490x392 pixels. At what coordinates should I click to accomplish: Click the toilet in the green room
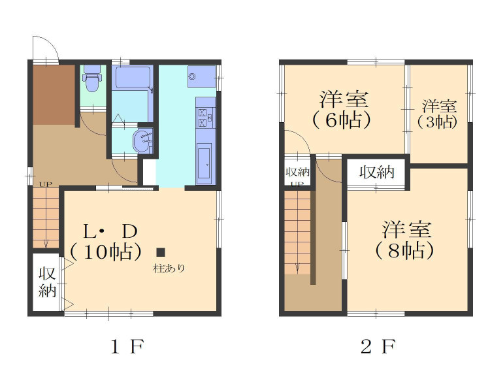pos(92,78)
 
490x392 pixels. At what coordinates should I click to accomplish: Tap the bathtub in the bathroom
pos(133,78)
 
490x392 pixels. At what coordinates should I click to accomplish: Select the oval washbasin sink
pos(144,141)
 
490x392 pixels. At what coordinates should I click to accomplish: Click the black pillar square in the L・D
pos(161,252)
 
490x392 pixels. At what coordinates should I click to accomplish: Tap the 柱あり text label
pos(169,268)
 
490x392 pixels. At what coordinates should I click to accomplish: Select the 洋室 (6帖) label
pos(342,109)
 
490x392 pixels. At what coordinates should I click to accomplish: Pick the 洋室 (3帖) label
pos(438,114)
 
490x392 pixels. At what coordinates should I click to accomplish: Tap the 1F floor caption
pos(127,346)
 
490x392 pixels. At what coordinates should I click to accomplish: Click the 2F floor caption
pos(379,346)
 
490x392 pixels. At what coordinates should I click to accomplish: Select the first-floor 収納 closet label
pos(47,282)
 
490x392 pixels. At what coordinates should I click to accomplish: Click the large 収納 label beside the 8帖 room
pos(377,172)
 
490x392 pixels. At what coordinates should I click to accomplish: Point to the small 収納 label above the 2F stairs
pos(297,172)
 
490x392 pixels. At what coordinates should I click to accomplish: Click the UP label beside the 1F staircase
pos(46,184)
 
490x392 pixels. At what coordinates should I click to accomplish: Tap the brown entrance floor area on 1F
pos(54,95)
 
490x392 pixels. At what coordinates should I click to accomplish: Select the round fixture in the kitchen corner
pos(192,76)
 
